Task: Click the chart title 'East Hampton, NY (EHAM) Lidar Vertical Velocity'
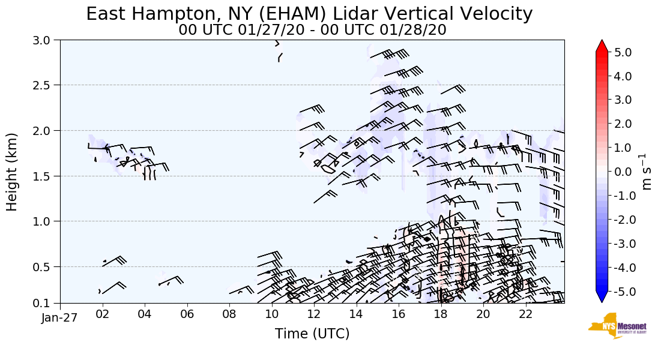point(309,14)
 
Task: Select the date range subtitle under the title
point(312,30)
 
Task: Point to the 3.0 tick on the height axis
point(44,40)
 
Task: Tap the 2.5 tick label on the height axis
point(44,85)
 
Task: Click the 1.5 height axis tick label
point(44,176)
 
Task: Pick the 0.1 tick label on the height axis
point(44,303)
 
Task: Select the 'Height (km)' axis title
point(12,172)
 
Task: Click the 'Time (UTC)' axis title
point(312,334)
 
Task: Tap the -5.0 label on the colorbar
point(621,292)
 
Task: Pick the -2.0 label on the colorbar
point(621,220)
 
